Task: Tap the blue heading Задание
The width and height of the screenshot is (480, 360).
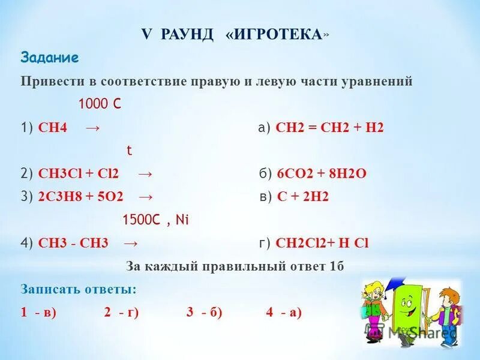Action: pyautogui.click(x=50, y=58)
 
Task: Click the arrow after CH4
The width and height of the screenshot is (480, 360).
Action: pyautogui.click(x=92, y=128)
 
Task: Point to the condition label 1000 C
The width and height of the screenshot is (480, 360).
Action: pyautogui.click(x=100, y=104)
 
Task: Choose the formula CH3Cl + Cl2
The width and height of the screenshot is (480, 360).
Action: pyautogui.click(x=79, y=174)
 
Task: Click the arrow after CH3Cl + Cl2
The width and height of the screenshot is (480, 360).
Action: pyautogui.click(x=145, y=174)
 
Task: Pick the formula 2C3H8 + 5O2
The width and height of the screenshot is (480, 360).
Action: pyautogui.click(x=82, y=197)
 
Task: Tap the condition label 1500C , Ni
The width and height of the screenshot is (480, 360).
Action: pyautogui.click(x=155, y=220)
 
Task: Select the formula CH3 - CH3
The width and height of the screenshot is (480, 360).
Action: pyautogui.click(x=73, y=243)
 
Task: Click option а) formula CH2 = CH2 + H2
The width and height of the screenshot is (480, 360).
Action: pyautogui.click(x=329, y=128)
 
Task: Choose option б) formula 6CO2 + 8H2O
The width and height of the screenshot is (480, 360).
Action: pyautogui.click(x=322, y=174)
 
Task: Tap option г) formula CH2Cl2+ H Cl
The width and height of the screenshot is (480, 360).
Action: pyautogui.click(x=322, y=243)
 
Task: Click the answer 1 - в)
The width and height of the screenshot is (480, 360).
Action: pyautogui.click(x=38, y=312)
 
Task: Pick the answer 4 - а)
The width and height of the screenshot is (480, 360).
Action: pyautogui.click(x=284, y=312)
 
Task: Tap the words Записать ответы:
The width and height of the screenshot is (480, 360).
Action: pyautogui.click(x=79, y=289)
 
